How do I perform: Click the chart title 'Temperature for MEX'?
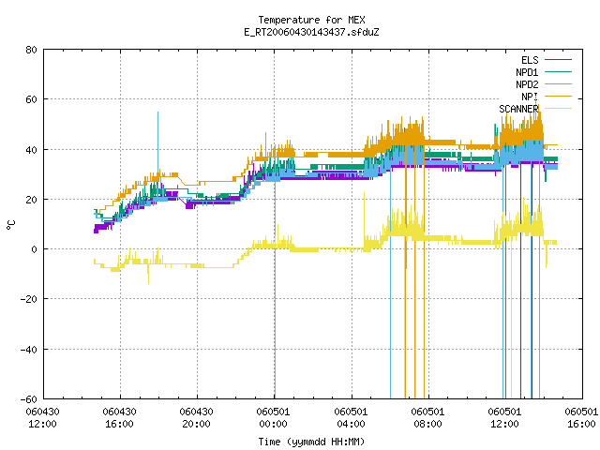point(311,20)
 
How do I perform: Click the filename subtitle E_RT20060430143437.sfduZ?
point(311,32)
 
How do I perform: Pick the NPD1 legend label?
point(527,72)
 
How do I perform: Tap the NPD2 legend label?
point(527,84)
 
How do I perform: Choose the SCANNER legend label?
point(518,109)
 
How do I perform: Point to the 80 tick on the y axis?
point(31,50)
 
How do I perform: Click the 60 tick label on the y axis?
point(31,99)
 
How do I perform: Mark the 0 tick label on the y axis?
point(34,249)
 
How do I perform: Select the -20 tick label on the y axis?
point(28,299)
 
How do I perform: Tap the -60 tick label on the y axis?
point(28,399)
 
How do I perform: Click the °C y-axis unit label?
point(10,225)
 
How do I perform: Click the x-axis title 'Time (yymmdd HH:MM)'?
point(311,442)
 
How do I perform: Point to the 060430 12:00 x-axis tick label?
point(42,418)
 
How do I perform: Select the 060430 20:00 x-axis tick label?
point(196,418)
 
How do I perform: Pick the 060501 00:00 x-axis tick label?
point(273,418)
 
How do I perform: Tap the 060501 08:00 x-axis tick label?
point(427,418)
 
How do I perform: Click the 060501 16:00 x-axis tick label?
point(581,418)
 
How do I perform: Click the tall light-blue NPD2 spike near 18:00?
point(158,142)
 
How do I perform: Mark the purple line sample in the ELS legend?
point(559,60)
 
